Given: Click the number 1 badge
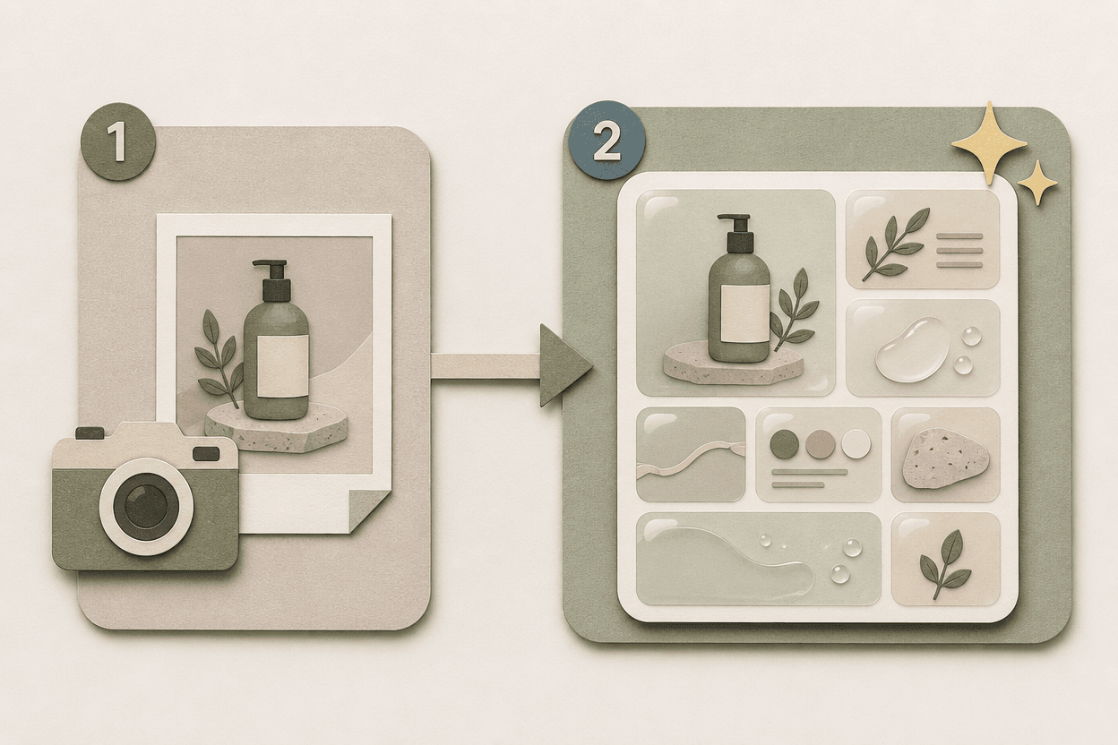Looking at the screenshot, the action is [118, 141].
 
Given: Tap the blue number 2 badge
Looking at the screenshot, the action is [606, 141].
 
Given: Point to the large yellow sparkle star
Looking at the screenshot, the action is [989, 143].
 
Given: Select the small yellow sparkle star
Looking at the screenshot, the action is [1037, 184].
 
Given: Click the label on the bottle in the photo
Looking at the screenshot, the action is [282, 366].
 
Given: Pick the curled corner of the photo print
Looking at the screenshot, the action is [370, 510].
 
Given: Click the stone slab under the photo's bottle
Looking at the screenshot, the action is [276, 428].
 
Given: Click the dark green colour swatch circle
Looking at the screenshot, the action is [784, 444].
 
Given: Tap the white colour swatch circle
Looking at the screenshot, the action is [856, 443].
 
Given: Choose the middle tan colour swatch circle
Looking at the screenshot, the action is [820, 444].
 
